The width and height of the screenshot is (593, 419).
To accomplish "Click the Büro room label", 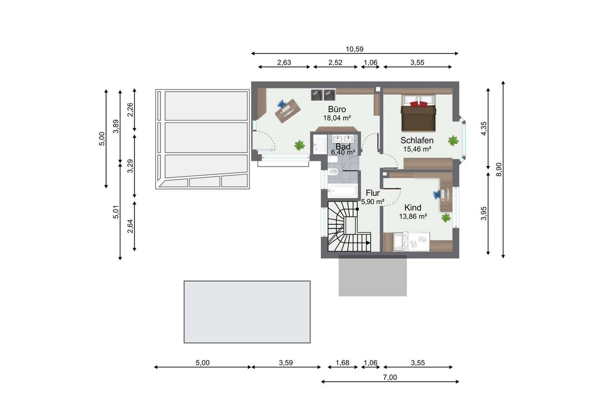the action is click(337, 109).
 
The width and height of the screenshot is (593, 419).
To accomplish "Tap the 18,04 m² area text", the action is click(337, 118).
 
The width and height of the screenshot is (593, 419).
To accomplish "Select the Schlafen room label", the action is click(417, 140).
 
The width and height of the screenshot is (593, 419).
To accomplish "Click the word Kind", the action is click(413, 207).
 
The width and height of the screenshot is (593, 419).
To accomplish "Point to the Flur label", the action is click(373, 193).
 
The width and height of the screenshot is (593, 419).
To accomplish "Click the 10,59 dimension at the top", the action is click(354, 49).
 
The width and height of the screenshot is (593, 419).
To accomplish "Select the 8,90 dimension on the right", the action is click(498, 170).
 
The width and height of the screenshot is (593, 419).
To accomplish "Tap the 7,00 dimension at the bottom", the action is click(390, 377).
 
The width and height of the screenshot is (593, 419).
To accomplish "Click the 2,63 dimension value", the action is click(284, 62).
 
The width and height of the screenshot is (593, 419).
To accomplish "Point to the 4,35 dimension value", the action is click(484, 128).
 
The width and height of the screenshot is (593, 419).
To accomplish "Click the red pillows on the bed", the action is click(418, 104).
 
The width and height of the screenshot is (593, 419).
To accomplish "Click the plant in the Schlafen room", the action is click(453, 140).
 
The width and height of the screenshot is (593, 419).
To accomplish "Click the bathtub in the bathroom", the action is click(342, 190).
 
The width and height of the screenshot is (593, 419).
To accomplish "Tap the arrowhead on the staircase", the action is click(368, 243).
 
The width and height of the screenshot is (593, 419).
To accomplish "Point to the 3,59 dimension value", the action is click(286, 363).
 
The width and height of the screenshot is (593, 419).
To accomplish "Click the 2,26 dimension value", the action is click(130, 109).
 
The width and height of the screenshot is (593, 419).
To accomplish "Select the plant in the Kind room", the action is click(446, 218).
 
